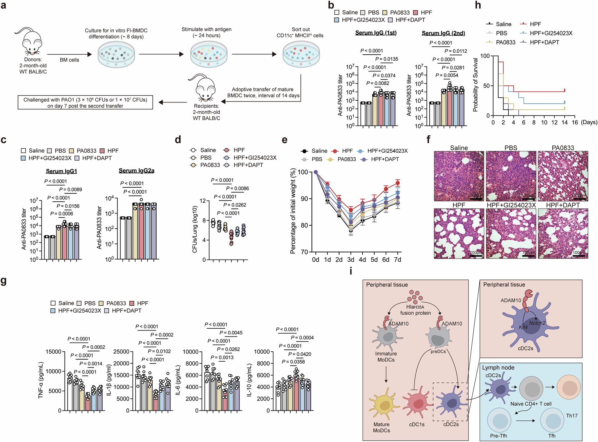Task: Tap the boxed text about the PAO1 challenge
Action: tap(85, 102)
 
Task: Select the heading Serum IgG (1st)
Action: tap(376, 33)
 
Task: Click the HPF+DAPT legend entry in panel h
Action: tap(544, 42)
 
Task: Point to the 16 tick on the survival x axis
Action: tap(575, 122)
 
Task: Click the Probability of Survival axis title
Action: tap(475, 85)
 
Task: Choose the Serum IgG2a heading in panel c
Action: tap(136, 171)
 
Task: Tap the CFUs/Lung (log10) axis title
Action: tap(195, 229)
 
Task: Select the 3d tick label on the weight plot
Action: tap(351, 260)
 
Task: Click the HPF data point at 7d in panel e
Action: tap(398, 183)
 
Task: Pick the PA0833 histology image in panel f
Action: tap(563, 176)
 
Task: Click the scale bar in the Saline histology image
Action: tap(476, 199)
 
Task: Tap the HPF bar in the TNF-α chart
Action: tap(88, 402)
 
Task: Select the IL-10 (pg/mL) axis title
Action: tap(249, 380)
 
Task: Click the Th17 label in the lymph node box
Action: tap(572, 416)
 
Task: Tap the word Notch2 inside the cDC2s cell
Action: tap(537, 323)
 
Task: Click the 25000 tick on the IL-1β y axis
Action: tap(121, 352)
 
